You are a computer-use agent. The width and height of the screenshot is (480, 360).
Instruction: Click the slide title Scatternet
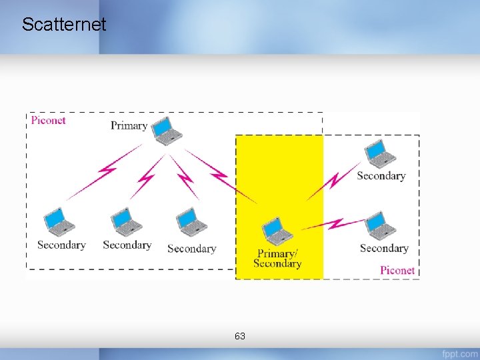coord(64,25)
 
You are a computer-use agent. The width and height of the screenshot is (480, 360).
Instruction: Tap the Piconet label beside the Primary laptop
coord(49,120)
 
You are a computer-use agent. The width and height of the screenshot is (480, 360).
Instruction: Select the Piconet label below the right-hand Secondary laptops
coord(397,270)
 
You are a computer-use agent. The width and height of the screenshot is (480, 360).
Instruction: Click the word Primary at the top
coord(129,125)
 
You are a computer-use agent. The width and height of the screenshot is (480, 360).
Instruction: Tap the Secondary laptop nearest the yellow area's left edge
coord(191,221)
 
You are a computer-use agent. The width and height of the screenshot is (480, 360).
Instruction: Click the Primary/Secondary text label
coord(277,258)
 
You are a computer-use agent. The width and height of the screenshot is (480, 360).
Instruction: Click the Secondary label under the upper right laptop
coord(381,176)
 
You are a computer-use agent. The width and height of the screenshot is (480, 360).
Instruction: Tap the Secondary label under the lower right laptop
coord(384,248)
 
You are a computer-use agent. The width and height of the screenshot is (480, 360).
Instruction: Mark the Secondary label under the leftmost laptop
coord(61,245)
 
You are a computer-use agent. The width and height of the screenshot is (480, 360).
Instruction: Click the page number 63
coord(240,336)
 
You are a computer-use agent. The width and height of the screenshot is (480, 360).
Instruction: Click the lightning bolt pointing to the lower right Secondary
coord(333,224)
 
